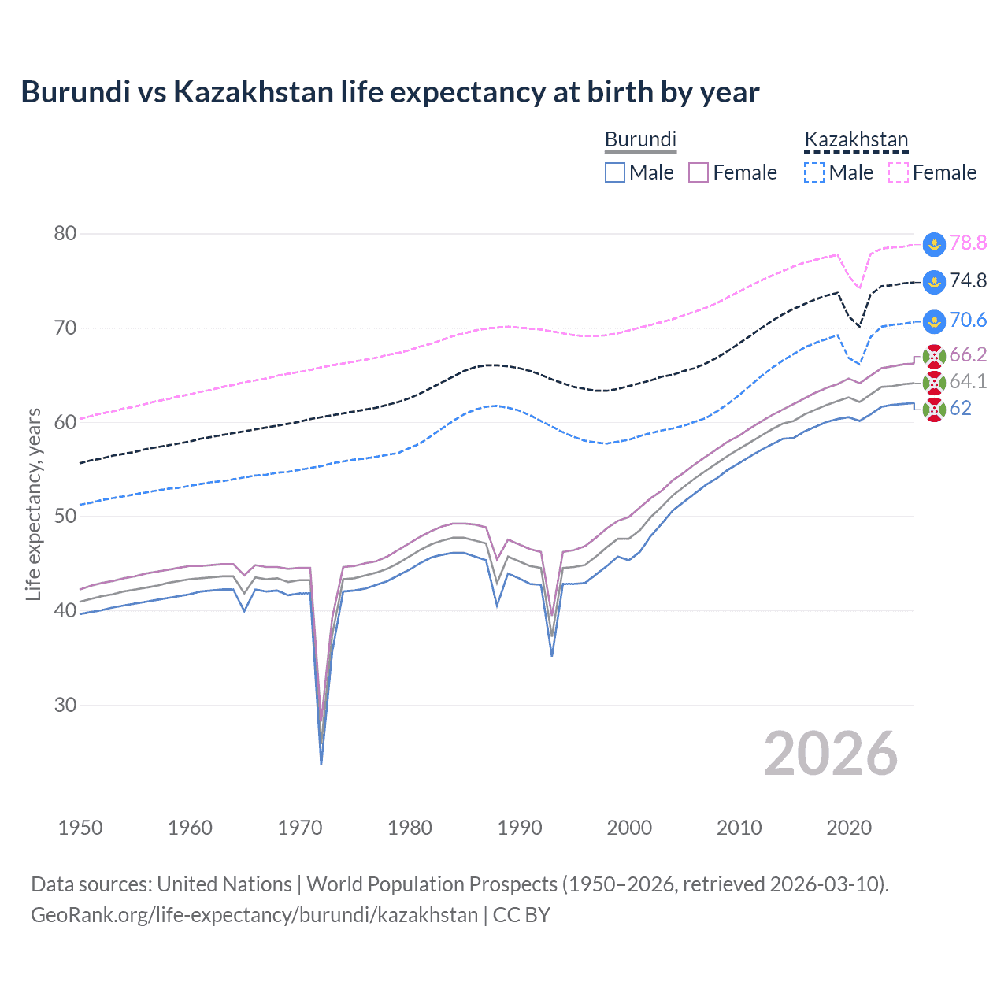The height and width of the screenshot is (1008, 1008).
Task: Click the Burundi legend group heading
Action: pos(640,139)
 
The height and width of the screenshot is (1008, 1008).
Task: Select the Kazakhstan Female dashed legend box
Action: pos(899,172)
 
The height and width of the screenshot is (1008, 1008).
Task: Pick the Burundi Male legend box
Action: pos(615,172)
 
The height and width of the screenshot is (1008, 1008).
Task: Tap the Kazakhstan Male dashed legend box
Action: pos(814,172)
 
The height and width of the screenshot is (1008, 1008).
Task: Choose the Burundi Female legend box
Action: pos(699,172)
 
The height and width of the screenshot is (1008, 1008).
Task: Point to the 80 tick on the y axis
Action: pos(65,233)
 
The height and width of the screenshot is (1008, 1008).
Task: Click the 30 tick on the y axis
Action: pos(65,705)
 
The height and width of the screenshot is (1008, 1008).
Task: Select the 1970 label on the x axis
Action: pos(300,828)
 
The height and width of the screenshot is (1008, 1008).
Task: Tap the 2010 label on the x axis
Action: pos(739,828)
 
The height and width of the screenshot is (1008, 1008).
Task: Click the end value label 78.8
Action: pos(968,243)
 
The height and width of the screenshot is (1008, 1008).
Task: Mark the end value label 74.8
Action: pos(968,280)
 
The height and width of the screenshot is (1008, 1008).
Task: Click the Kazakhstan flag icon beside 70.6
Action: pos(934,321)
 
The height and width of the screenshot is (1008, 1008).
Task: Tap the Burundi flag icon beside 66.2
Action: pos(934,356)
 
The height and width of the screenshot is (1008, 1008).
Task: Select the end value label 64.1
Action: pos(968,382)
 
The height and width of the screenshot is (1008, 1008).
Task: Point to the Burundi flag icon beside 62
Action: pos(934,409)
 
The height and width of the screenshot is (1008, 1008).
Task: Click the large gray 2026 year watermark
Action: pos(830,754)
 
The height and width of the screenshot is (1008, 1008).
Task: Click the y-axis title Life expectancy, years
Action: pos(33,504)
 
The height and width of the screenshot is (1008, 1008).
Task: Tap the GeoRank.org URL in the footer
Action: pos(254,915)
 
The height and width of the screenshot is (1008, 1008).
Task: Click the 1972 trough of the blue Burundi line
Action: pos(321,763)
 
